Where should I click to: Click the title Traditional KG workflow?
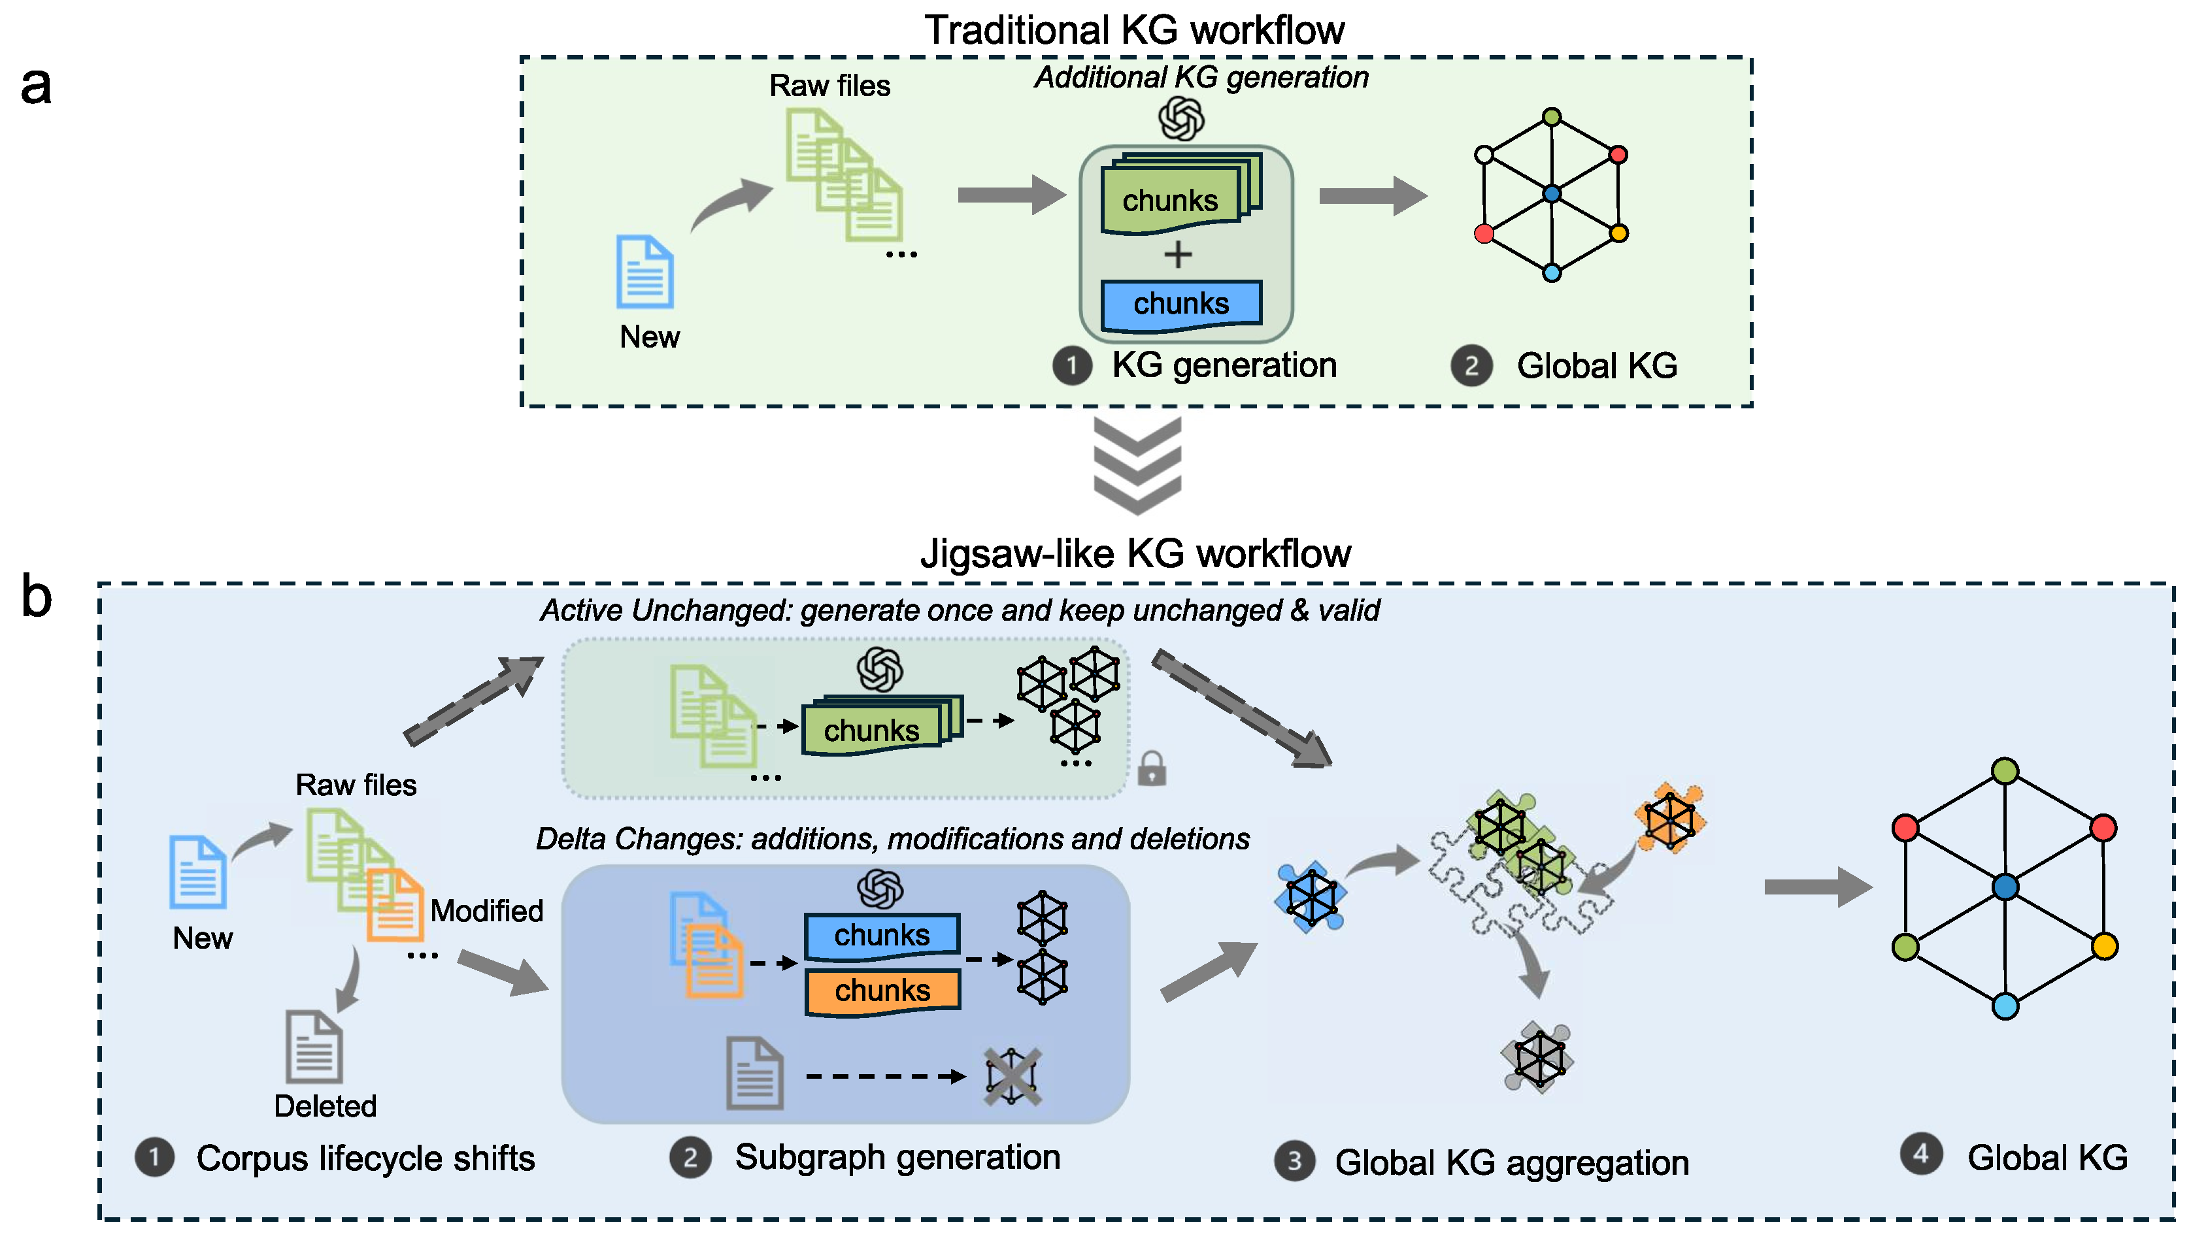pos(1134,30)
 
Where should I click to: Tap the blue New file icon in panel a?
pos(644,272)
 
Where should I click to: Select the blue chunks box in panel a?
pos(1180,304)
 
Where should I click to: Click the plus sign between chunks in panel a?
pos(1178,255)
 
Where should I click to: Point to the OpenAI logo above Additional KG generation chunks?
pos(1181,119)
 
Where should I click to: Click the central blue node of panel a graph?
pos(1551,194)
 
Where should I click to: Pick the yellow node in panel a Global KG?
pos(1618,233)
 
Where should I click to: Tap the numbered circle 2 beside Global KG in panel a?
pos(1471,367)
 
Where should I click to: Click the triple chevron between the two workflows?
pos(1137,466)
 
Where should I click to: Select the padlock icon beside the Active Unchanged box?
pos(1151,768)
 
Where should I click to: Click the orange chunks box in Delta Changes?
pos(882,991)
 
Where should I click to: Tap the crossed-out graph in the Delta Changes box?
pos(1012,1077)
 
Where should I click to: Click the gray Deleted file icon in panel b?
pos(314,1047)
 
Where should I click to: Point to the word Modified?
pos(486,911)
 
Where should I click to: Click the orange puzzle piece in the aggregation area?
pos(1669,818)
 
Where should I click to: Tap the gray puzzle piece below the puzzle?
pos(1538,1058)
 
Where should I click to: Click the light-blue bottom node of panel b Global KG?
pos(2005,1006)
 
